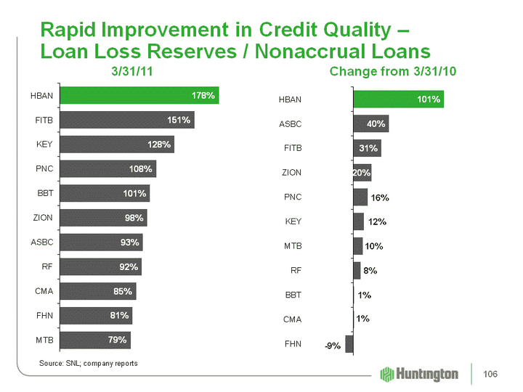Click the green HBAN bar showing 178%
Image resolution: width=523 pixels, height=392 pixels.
click(139, 95)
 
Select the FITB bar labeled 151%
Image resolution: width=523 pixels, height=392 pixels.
click(127, 120)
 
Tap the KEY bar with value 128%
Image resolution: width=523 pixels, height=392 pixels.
click(118, 144)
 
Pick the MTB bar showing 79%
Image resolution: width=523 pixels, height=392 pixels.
click(96, 340)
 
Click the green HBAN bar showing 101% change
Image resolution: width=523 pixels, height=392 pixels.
click(397, 99)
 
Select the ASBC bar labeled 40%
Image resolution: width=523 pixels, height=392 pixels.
click(370, 123)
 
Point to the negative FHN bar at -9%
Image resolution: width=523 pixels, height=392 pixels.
click(349, 344)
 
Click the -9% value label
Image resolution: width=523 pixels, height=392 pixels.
click(333, 346)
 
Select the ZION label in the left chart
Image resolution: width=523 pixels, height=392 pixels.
click(42, 217)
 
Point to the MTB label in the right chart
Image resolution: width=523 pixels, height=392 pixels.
click(291, 246)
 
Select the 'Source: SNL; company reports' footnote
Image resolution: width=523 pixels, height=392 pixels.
click(88, 362)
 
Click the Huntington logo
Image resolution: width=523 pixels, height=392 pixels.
click(419, 374)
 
